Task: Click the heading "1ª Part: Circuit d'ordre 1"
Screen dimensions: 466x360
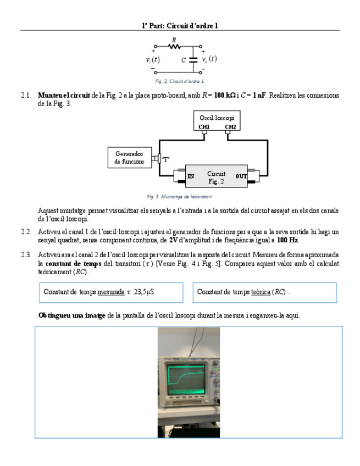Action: (x=180, y=25)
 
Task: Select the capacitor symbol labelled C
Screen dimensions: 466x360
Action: (x=192, y=60)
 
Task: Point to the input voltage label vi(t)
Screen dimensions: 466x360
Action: (x=153, y=60)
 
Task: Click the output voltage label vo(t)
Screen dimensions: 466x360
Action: (x=209, y=59)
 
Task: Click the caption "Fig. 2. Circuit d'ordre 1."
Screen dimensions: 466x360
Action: (x=180, y=81)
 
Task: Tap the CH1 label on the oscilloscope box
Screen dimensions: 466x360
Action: (x=204, y=127)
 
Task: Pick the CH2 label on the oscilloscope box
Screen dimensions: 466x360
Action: (x=230, y=127)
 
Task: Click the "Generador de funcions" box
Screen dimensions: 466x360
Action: (x=129, y=158)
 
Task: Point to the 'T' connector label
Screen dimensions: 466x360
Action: (x=165, y=159)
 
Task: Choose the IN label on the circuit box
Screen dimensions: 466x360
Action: (x=191, y=176)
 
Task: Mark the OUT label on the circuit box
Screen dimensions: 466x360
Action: (x=241, y=176)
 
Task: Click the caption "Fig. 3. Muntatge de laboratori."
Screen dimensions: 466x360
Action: (x=180, y=196)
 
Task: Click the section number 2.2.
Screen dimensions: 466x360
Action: (x=26, y=232)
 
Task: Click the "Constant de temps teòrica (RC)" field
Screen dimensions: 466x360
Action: (x=264, y=292)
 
